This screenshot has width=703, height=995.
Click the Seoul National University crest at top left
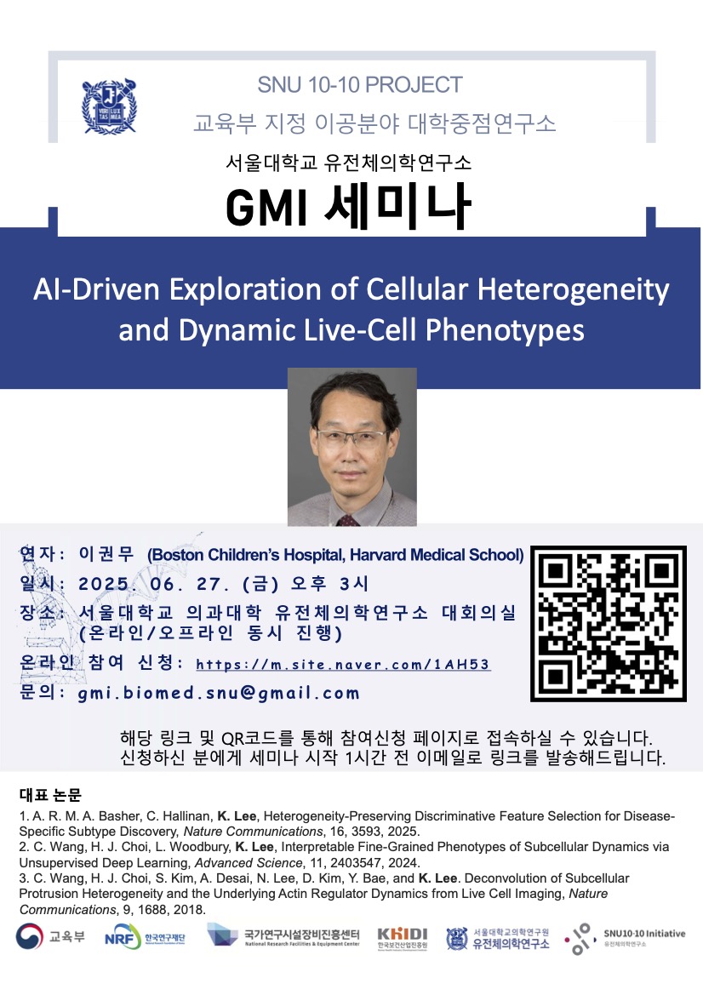109,106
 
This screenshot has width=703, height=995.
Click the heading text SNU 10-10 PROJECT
360,84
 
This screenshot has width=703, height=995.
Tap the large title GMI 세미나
348,206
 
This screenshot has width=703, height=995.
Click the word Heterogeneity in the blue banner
573,289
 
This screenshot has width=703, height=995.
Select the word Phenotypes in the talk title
505,330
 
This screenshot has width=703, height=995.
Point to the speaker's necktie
348,520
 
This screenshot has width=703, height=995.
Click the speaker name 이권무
106,554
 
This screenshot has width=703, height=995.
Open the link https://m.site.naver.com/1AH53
343,665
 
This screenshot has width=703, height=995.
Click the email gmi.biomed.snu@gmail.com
218,693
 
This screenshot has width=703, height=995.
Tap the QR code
609,624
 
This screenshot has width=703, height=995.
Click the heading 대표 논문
50,795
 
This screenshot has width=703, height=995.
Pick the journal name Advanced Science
248,863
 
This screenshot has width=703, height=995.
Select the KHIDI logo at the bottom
403,938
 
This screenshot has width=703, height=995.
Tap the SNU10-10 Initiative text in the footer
644,934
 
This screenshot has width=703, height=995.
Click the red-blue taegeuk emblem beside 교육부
29,936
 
